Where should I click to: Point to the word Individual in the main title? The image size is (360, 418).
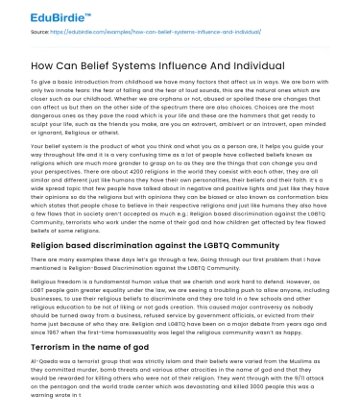tap(256, 64)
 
